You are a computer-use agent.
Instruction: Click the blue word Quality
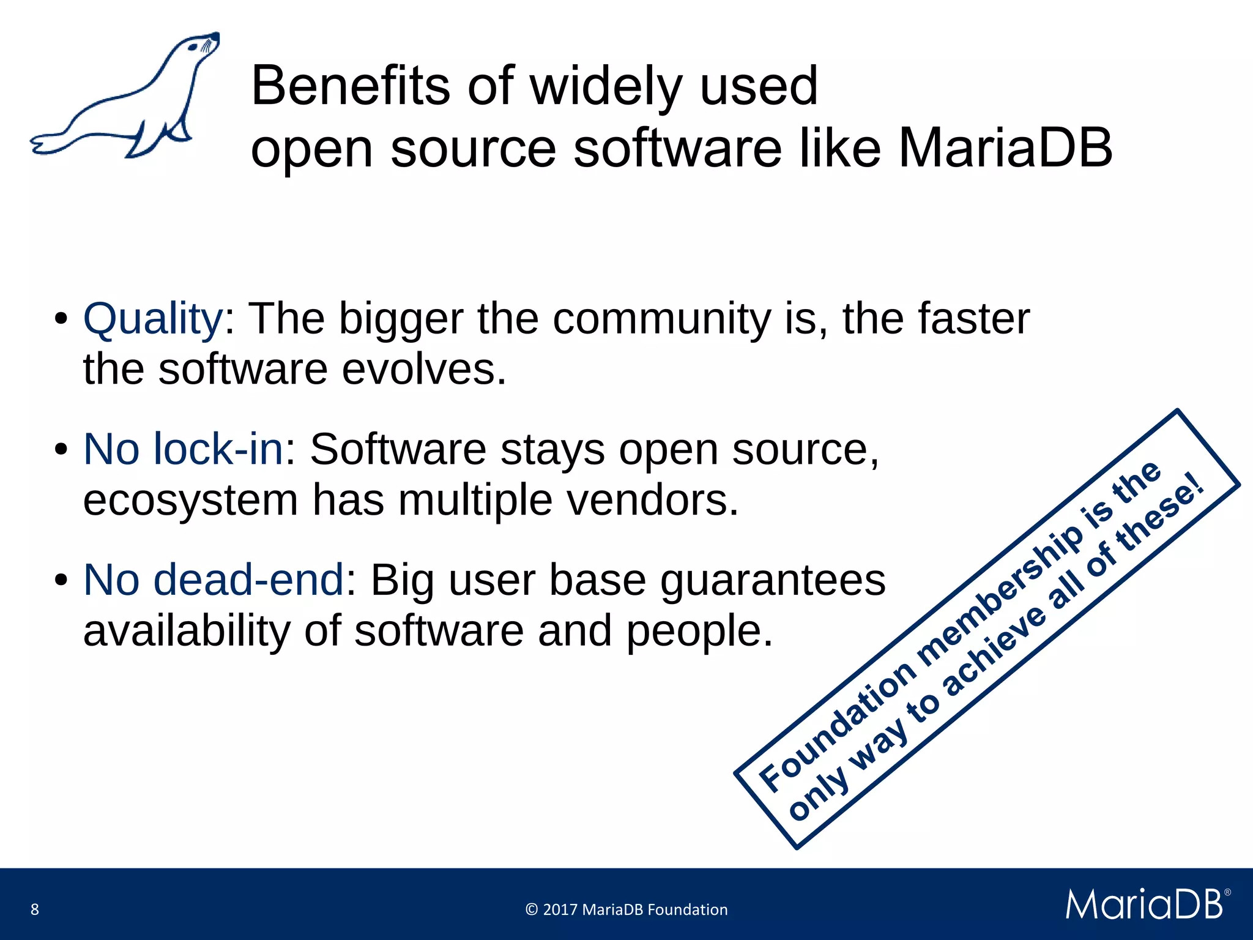[153, 319]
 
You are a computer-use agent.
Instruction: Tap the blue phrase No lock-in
[184, 449]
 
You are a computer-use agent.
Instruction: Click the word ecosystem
[190, 500]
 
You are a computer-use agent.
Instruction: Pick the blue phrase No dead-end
[214, 580]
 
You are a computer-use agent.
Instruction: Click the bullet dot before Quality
[61, 319]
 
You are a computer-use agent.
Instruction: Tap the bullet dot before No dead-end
[61, 580]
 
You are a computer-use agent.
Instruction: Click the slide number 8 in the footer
[35, 909]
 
